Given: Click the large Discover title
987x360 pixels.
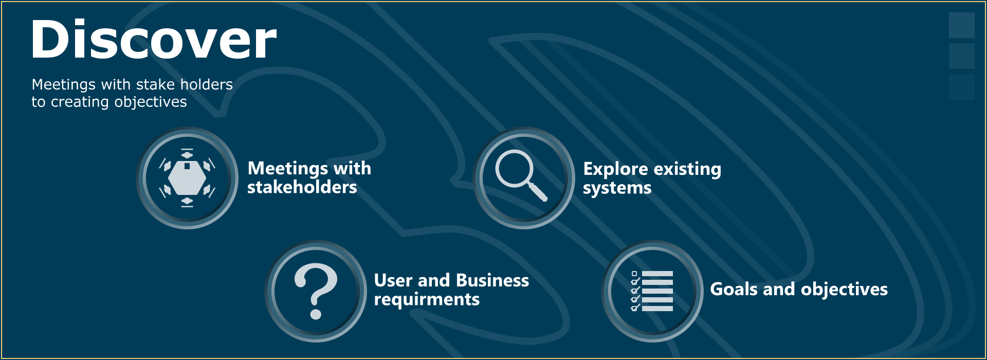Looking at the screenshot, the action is click(154, 40).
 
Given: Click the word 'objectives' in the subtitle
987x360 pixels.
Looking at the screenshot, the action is click(151, 102).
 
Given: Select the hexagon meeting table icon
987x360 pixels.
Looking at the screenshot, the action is click(187, 178).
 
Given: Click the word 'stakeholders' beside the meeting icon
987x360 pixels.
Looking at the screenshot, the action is click(302, 187).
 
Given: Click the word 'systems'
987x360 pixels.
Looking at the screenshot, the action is click(617, 188).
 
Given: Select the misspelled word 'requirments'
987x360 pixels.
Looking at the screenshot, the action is click(427, 300).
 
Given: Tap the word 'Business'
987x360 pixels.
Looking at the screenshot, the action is click(492, 280).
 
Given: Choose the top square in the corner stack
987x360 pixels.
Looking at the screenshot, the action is click(961, 25).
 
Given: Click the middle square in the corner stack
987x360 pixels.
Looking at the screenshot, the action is click(961, 56).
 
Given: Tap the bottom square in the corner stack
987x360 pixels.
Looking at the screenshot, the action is click(961, 87).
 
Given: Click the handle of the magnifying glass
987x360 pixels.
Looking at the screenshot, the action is click(538, 192).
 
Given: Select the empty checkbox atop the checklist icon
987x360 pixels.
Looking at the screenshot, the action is click(634, 274).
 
